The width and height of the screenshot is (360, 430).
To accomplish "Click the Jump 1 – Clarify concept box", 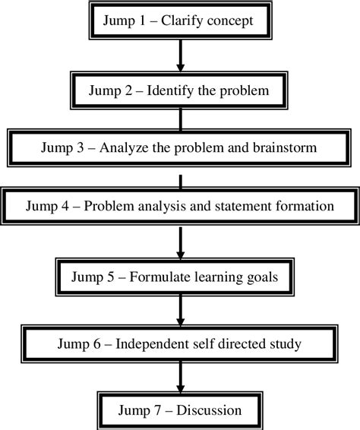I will click(179, 21).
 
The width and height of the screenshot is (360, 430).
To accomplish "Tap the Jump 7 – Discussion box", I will click(179, 411).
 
